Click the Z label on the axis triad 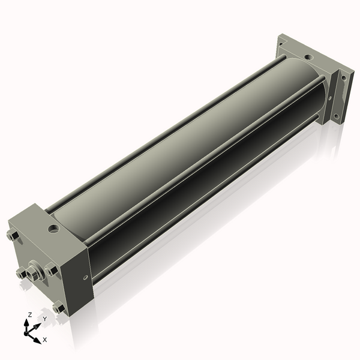[29, 315]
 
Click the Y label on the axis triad [45, 319]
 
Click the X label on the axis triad [45, 340]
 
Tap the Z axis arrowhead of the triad [26, 323]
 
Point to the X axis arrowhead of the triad [38, 340]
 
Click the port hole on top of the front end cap [53, 229]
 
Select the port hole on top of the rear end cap [308, 57]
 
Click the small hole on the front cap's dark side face [86, 278]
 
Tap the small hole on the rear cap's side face [330, 98]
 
